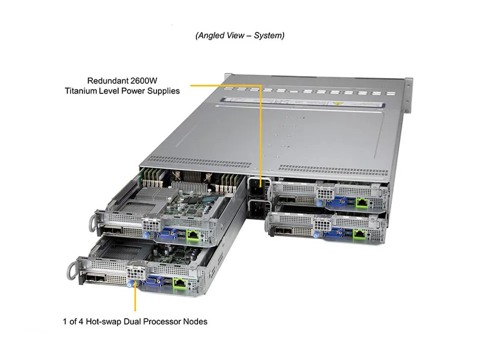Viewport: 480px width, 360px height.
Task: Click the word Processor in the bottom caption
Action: click(164, 321)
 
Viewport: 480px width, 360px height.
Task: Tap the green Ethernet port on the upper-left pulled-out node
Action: click(192, 233)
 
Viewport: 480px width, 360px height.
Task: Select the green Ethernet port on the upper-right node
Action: click(360, 202)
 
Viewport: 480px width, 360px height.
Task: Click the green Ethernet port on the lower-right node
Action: click(359, 232)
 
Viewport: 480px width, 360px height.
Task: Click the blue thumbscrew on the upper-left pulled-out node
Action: click(146, 234)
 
